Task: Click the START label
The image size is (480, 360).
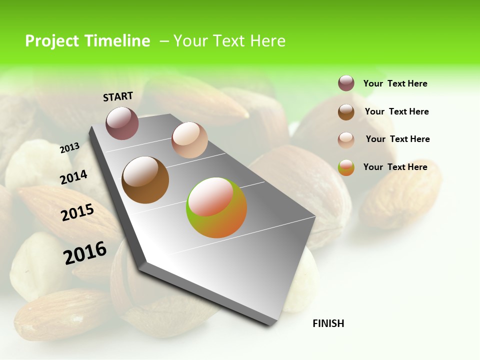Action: (x=118, y=96)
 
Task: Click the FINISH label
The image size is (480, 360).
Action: (x=328, y=323)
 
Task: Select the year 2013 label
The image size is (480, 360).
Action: (x=69, y=147)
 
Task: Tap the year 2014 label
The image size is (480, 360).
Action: (x=73, y=177)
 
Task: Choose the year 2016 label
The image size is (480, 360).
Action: (x=85, y=253)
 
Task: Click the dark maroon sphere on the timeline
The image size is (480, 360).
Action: (x=122, y=123)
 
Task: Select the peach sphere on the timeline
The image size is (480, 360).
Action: (x=189, y=140)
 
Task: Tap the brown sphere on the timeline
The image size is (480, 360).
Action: (x=145, y=180)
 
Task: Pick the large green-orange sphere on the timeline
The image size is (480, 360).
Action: (x=216, y=207)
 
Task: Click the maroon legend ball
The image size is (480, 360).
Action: (x=346, y=83)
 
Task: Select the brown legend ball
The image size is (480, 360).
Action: (x=346, y=112)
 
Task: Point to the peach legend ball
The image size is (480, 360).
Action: (x=346, y=139)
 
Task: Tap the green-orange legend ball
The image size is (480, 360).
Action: (x=346, y=167)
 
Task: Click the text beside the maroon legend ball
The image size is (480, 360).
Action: (x=395, y=83)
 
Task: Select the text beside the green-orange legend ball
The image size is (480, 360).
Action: (x=395, y=167)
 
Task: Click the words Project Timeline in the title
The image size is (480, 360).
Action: (x=87, y=41)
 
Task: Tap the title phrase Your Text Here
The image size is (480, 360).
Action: (x=229, y=41)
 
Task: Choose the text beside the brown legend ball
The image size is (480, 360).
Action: (x=396, y=111)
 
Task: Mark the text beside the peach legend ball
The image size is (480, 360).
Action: (x=397, y=139)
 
